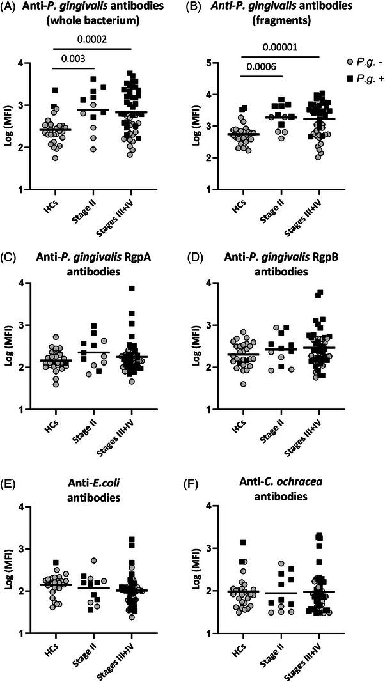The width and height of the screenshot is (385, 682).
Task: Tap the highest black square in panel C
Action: click(131, 289)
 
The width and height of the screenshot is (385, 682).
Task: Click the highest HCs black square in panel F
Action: click(243, 543)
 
